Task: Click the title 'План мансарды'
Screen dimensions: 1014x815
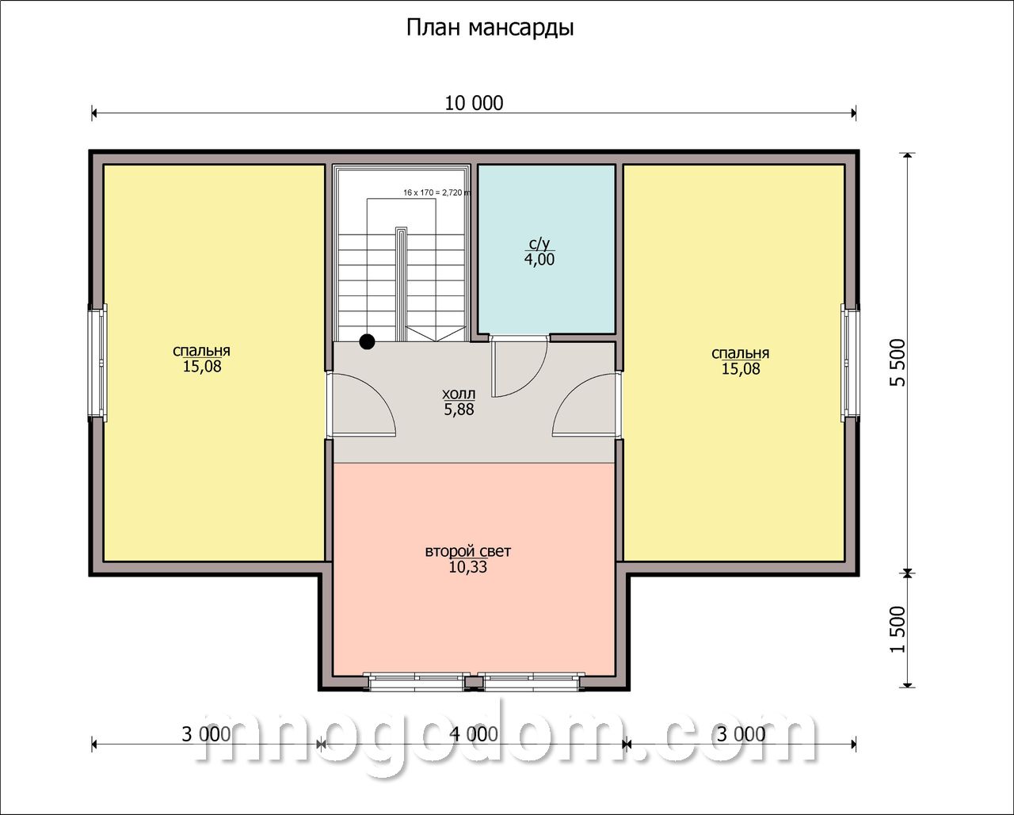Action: click(490, 29)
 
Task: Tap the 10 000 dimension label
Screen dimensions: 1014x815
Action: click(474, 103)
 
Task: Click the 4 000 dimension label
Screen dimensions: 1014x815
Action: click(474, 734)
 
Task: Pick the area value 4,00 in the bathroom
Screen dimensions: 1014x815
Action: click(539, 259)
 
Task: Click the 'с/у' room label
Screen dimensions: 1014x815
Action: click(539, 244)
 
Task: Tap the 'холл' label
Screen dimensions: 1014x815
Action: click(459, 394)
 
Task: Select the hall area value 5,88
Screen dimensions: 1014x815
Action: click(459, 409)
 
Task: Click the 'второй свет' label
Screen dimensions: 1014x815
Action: click(468, 551)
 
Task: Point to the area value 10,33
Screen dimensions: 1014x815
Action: click(468, 567)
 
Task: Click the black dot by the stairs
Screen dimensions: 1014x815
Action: click(367, 341)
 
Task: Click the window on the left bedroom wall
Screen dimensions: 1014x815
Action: click(98, 363)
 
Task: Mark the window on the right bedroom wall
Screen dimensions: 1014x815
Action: click(850, 363)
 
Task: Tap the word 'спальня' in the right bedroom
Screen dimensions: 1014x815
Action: click(740, 353)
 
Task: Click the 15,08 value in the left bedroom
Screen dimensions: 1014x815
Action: click(202, 367)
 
